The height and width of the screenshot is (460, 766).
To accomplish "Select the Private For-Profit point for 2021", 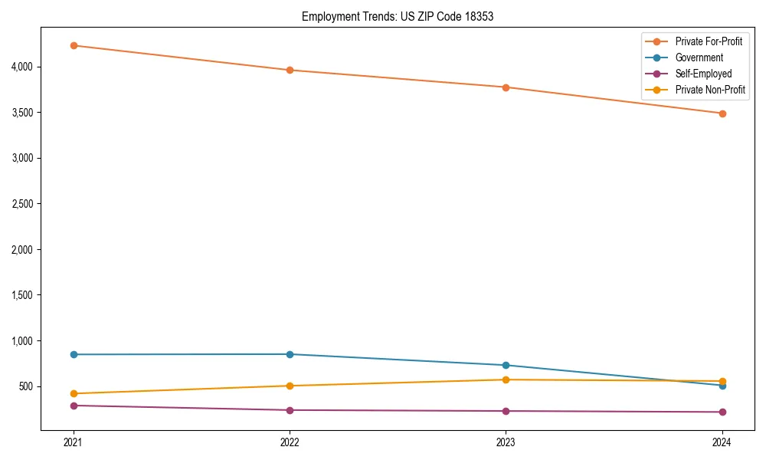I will [74, 45].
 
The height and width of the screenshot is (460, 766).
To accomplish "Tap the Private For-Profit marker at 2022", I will [290, 71].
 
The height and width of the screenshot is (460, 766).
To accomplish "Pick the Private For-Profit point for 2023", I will [506, 87].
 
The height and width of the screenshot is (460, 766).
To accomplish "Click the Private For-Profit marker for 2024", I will [722, 113].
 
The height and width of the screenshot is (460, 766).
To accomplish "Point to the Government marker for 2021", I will [74, 354].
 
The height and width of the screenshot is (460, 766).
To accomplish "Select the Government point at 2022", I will [290, 354].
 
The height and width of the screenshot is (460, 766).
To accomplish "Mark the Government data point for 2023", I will [506, 365].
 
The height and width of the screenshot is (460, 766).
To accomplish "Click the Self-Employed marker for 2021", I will [74, 406].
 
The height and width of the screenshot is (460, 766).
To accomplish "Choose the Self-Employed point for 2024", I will [722, 412].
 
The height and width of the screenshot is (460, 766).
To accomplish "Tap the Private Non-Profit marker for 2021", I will [74, 393].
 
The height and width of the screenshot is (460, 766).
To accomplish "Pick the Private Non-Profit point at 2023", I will [506, 379].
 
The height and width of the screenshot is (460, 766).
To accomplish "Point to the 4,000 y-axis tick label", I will [23, 67].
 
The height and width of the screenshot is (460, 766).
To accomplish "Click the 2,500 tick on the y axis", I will [23, 204].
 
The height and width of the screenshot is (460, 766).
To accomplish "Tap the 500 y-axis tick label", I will [28, 386].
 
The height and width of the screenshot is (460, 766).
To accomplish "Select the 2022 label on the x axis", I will [290, 442].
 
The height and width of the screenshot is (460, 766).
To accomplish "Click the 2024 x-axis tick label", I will [722, 442].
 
